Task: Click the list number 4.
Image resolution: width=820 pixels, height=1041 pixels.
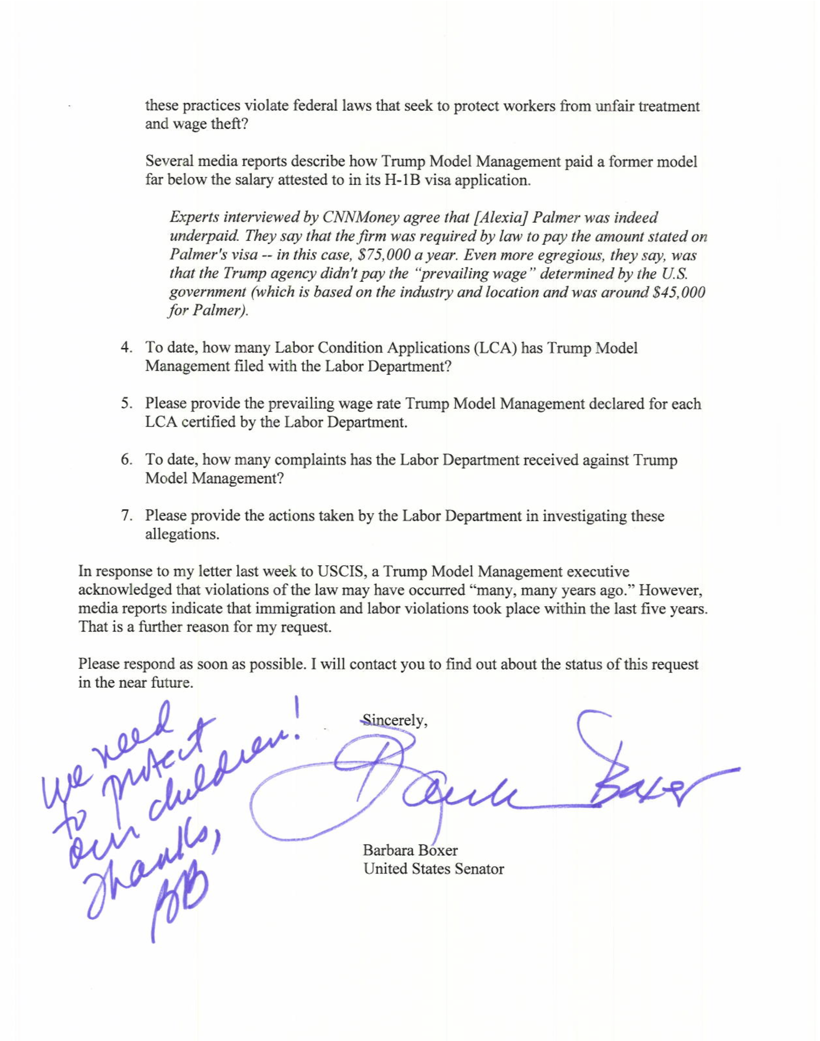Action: [126, 348]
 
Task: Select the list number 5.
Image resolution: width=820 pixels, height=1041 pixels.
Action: [126, 404]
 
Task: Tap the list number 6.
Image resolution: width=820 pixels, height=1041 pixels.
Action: [126, 460]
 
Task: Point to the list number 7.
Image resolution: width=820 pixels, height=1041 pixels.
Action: [126, 516]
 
